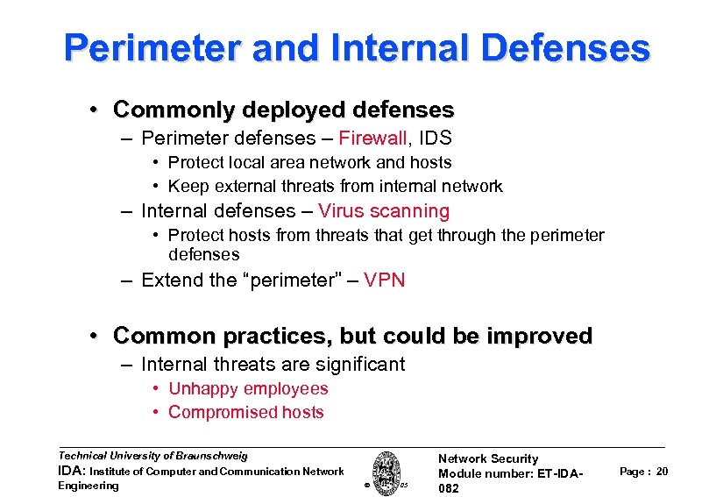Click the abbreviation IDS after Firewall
pos(435,138)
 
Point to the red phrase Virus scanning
pos(384,211)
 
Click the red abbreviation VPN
pos(385,280)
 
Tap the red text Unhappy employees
pos(248,389)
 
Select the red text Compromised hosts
pos(246,413)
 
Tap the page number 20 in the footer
pos(663,472)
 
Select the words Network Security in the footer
pos(488,458)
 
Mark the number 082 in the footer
pos(449,488)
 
